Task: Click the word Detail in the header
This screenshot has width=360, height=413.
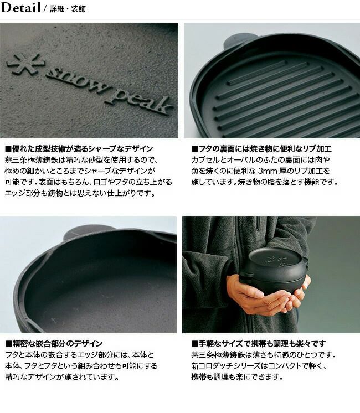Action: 20,8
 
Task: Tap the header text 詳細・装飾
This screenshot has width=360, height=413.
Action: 68,9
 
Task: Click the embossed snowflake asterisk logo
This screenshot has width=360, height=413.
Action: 25,65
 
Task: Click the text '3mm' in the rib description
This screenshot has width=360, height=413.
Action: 268,171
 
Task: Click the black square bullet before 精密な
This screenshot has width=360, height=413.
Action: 9,344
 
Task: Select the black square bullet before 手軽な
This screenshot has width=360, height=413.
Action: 195,344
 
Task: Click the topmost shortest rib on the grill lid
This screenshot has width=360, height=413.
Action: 257,71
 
